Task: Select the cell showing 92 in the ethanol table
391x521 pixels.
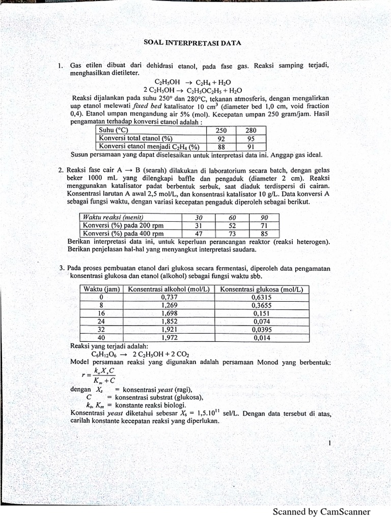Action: pyautogui.click(x=221, y=138)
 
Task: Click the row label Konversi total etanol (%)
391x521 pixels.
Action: pyautogui.click(x=135, y=138)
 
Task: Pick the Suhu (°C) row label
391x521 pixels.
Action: pyautogui.click(x=113, y=130)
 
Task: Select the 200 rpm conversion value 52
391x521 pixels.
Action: pyautogui.click(x=232, y=225)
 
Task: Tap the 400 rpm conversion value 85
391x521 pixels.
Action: pyautogui.click(x=264, y=234)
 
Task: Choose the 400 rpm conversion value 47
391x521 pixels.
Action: pyautogui.click(x=199, y=234)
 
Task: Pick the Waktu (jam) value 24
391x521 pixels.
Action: pyautogui.click(x=101, y=322)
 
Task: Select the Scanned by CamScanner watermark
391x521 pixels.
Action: pyautogui.click(x=321, y=512)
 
